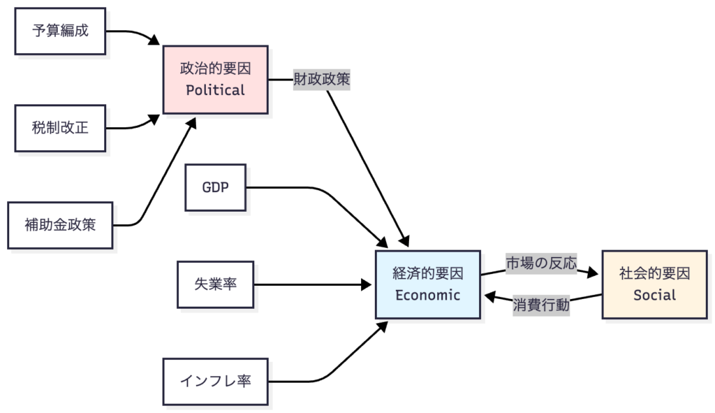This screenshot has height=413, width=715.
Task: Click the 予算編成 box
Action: coord(60,31)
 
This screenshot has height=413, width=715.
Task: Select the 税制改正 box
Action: coord(60,128)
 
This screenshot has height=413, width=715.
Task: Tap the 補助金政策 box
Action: coord(60,225)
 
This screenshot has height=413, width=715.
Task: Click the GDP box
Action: coord(215,187)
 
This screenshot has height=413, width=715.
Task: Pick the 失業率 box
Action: coord(215,284)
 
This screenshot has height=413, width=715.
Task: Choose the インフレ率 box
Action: coord(215,382)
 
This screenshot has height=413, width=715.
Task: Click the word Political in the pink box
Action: coord(215,90)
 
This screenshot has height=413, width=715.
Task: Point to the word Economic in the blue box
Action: coord(427,295)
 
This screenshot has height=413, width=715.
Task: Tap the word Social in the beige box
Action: coord(654,295)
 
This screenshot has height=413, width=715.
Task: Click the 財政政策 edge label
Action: coord(321,80)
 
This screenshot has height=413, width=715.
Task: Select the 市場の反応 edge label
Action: coord(541,263)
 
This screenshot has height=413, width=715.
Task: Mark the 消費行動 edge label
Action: coord(541,305)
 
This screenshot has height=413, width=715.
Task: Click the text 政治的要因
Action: coord(215,69)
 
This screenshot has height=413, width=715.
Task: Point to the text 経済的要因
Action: coord(427,274)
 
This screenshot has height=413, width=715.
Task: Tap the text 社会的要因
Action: coord(654,274)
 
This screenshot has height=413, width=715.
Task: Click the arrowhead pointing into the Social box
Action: coord(595,273)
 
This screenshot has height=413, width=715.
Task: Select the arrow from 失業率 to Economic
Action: coord(314,284)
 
